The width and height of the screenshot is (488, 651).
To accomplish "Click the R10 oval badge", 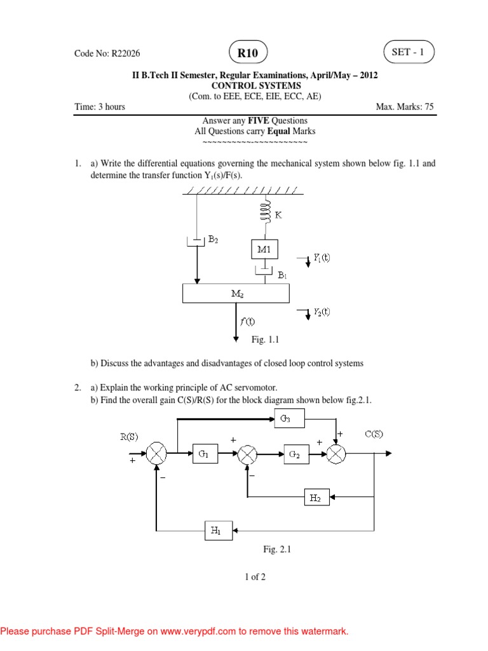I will pyautogui.click(x=247, y=53).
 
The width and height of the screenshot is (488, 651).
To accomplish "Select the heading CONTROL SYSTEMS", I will pyautogui.click(x=255, y=85).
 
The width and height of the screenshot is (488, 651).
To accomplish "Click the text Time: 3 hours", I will pyautogui.click(x=100, y=107).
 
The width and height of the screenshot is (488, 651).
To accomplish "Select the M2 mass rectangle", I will pyautogui.click(x=236, y=294).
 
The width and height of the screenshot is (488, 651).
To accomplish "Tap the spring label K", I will pyautogui.click(x=278, y=216).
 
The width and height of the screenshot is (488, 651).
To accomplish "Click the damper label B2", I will pyautogui.click(x=213, y=240).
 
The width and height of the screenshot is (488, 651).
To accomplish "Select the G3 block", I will pyautogui.click(x=288, y=418).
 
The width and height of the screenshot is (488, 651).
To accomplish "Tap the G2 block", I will pyautogui.click(x=294, y=454).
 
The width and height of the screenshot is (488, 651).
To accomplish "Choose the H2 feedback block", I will pyautogui.click(x=316, y=498).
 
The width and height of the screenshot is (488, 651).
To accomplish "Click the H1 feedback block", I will pyautogui.click(x=217, y=529).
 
